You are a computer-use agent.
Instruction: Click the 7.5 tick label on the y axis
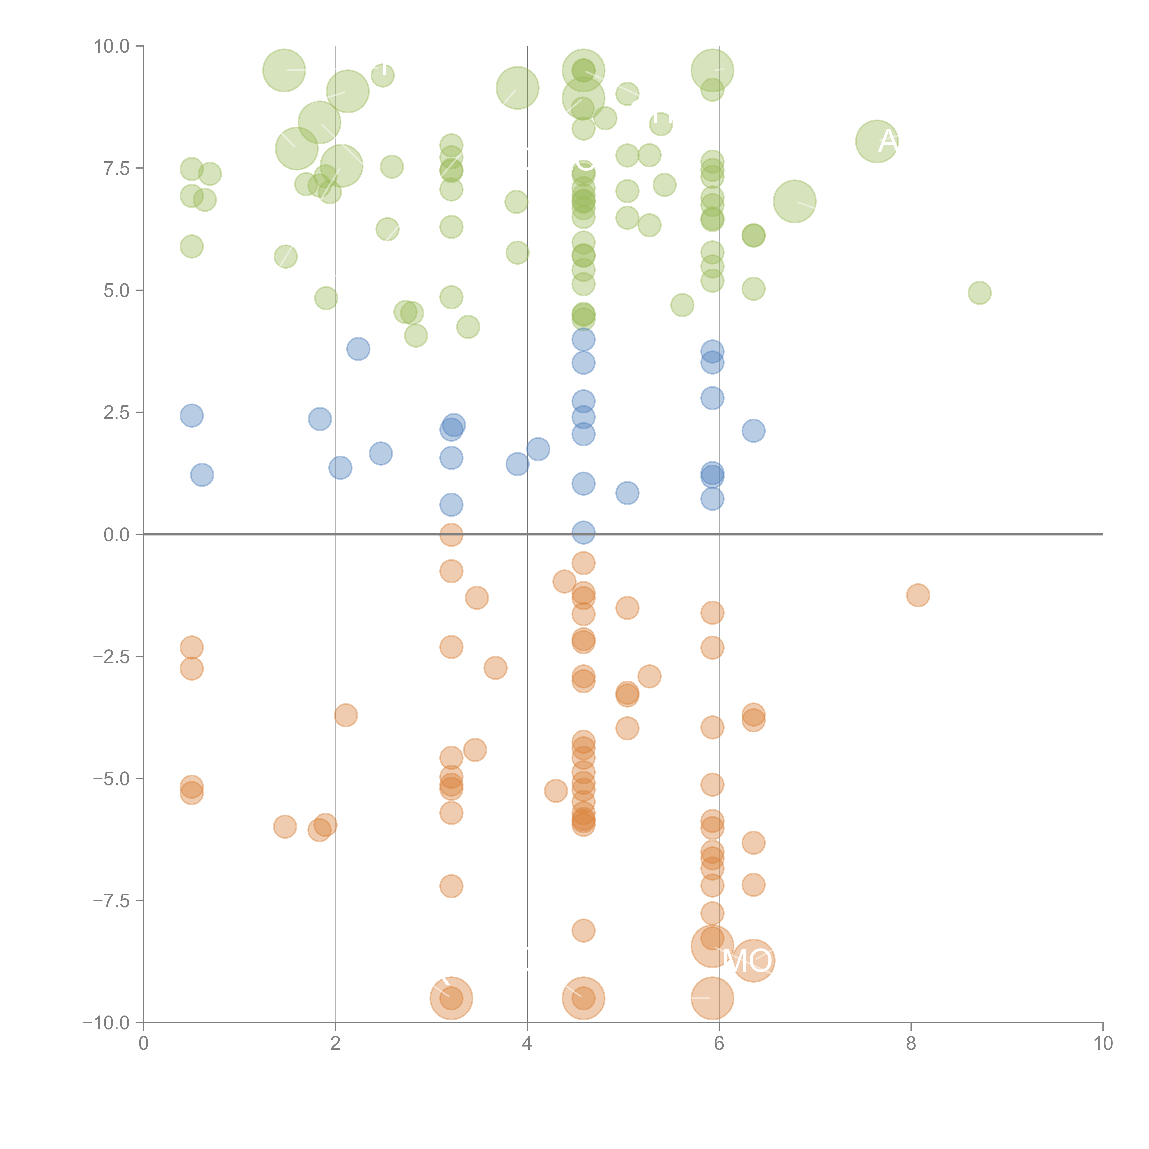(117, 168)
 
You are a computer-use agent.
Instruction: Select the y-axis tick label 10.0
(112, 46)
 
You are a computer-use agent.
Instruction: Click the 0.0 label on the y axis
(117, 535)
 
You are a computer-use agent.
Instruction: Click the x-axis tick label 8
(911, 1044)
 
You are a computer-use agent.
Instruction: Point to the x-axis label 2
(336, 1044)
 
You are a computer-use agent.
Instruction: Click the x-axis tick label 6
(719, 1044)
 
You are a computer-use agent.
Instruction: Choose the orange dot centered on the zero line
(451, 535)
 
